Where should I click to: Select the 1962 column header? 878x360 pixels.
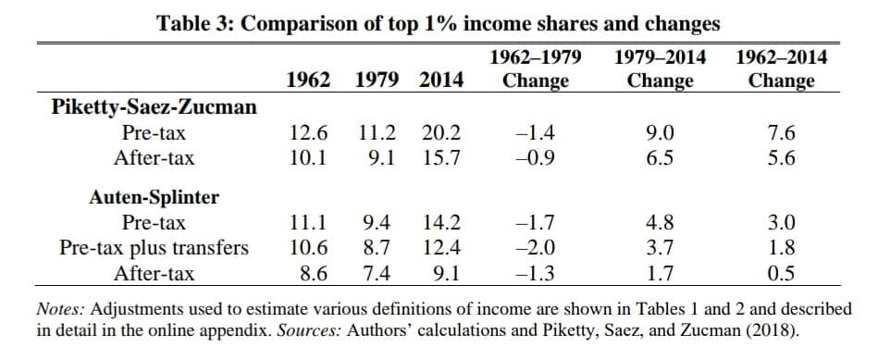pos(308,81)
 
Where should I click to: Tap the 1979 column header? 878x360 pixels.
pos(377,81)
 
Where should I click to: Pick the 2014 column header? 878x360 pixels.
pos(442,81)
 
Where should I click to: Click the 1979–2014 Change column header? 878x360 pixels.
pos(661,68)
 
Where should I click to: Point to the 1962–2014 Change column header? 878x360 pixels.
pos(782,68)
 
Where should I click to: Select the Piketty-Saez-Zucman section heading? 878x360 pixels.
pos(154,107)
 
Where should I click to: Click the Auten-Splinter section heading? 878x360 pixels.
pos(154,198)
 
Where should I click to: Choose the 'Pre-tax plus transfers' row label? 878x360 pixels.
pos(154,247)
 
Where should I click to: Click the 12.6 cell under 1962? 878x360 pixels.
pos(308,133)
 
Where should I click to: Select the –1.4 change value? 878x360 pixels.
pos(536,133)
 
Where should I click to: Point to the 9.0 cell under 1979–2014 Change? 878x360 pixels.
pos(661,133)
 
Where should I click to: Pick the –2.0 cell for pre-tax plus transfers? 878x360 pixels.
pos(536,247)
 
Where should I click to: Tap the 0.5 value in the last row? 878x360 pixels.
pos(782,273)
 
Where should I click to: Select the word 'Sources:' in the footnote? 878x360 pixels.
pos(309,330)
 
